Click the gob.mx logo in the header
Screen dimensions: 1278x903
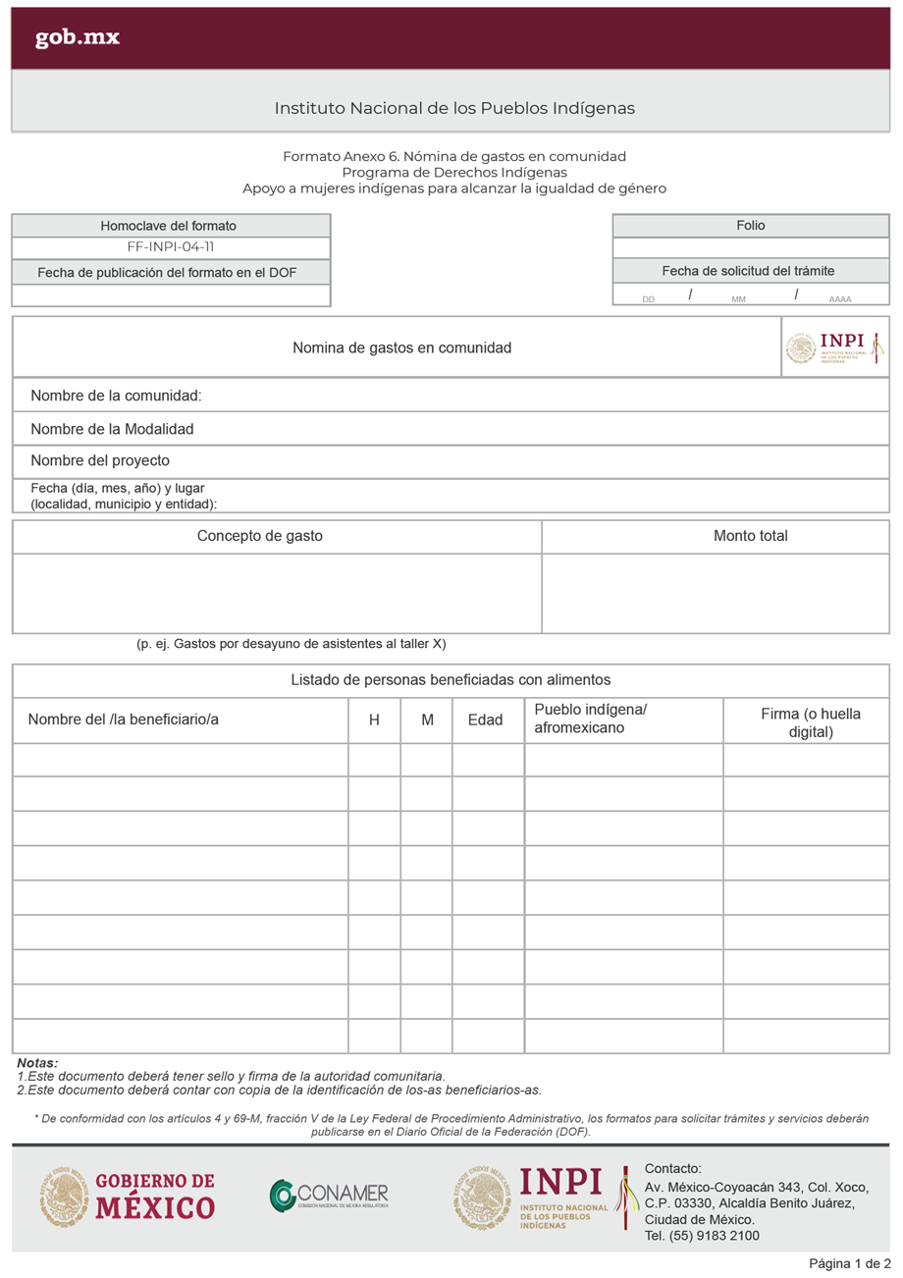(x=78, y=38)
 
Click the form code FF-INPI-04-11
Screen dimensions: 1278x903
(x=171, y=247)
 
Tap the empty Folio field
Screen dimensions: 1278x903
(x=751, y=247)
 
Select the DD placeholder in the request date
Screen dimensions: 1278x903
(x=649, y=298)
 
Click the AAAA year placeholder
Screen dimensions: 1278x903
(x=840, y=298)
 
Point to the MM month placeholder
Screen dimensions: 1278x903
(x=739, y=298)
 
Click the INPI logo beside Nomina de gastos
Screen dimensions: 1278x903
(x=835, y=346)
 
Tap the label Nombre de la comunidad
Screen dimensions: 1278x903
(x=116, y=397)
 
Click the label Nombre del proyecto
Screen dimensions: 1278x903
(x=100, y=460)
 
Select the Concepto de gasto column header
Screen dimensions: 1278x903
(x=259, y=536)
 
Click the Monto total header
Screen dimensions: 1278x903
(x=751, y=536)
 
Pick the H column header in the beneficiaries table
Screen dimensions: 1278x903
(x=374, y=719)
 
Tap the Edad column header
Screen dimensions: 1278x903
(x=486, y=719)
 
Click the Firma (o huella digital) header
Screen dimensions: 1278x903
(x=811, y=722)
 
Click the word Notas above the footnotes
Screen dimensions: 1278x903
(x=37, y=1063)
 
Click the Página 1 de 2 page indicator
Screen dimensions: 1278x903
(x=849, y=1262)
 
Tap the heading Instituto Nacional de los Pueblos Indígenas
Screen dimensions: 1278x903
(x=454, y=108)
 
